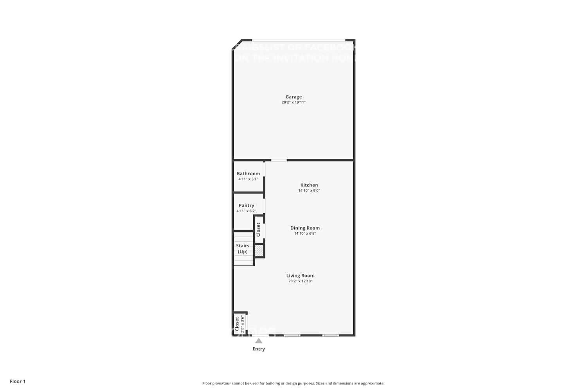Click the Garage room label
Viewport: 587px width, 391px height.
point(293,97)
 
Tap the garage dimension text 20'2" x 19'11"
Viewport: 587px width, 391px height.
point(293,102)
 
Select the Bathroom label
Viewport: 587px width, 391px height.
point(248,174)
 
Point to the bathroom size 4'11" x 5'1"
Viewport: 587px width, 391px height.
point(248,179)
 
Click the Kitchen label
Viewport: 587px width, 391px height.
point(309,185)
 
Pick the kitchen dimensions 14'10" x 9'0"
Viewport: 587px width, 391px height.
point(309,191)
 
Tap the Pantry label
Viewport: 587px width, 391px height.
point(247,206)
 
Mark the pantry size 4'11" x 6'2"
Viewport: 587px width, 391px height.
point(247,211)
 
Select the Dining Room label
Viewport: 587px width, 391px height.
point(305,228)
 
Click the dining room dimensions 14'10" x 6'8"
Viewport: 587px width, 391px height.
point(305,233)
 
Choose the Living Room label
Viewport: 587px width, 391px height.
point(300,276)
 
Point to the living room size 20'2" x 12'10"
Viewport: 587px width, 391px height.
point(300,281)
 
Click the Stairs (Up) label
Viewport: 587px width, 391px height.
point(243,249)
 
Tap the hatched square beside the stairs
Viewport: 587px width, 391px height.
point(259,251)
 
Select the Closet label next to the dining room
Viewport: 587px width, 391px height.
point(258,230)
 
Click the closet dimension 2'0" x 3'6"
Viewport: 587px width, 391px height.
point(243,324)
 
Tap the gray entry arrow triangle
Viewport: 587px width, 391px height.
point(259,341)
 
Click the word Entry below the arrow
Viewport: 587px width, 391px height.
point(259,349)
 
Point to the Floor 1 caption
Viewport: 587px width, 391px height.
point(18,381)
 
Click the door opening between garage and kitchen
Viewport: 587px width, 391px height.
point(279,160)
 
